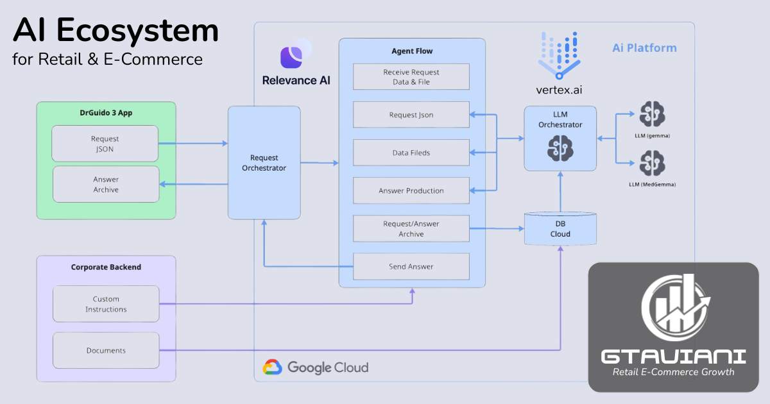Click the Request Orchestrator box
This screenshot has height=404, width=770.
click(x=264, y=162)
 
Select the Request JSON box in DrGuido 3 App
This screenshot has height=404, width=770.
click(x=105, y=144)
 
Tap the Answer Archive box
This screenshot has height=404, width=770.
click(x=106, y=185)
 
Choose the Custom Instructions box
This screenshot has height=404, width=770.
click(x=106, y=304)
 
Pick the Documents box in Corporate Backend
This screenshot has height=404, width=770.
click(x=106, y=350)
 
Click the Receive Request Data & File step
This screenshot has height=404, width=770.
click(x=411, y=77)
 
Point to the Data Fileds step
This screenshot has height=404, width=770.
click(x=411, y=153)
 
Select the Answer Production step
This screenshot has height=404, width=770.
click(x=411, y=190)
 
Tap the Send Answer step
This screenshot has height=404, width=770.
click(x=411, y=266)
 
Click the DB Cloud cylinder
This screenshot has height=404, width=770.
click(x=560, y=229)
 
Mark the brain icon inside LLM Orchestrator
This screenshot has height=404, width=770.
click(x=560, y=149)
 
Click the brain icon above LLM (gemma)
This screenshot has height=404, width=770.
click(x=652, y=114)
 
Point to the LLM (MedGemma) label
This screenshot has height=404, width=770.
click(x=652, y=184)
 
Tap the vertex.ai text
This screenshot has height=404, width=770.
click(x=560, y=90)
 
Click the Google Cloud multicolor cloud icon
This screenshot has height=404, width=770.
click(x=273, y=367)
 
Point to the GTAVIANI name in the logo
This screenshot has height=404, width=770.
click(x=674, y=356)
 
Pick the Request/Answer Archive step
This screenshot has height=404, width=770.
click(x=411, y=229)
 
